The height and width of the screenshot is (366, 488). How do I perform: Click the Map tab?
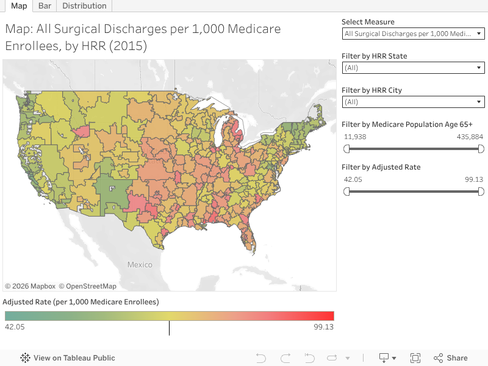(20, 6)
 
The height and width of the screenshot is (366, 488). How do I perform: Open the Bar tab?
(45, 6)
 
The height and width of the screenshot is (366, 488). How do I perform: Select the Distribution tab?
(84, 6)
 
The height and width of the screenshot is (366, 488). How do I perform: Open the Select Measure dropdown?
(414, 34)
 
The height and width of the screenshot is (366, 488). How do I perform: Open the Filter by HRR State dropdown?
(414, 68)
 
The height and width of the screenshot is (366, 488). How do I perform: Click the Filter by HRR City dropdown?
(414, 102)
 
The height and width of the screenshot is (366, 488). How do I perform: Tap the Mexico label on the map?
(140, 265)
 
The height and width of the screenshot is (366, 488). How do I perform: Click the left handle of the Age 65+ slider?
(346, 149)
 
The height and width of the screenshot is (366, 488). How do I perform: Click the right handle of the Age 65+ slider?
(481, 149)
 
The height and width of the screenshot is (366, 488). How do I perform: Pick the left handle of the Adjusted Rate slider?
(346, 192)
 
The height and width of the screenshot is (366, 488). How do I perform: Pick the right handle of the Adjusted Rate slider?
(481, 192)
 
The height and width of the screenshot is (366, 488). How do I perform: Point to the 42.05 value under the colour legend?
(15, 327)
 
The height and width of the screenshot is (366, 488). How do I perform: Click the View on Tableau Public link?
(68, 358)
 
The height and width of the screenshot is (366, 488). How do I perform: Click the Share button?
(451, 358)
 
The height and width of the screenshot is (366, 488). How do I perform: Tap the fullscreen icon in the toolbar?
(415, 358)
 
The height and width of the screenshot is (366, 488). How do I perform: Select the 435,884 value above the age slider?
(470, 137)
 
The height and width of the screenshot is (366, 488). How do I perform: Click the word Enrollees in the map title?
(29, 46)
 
